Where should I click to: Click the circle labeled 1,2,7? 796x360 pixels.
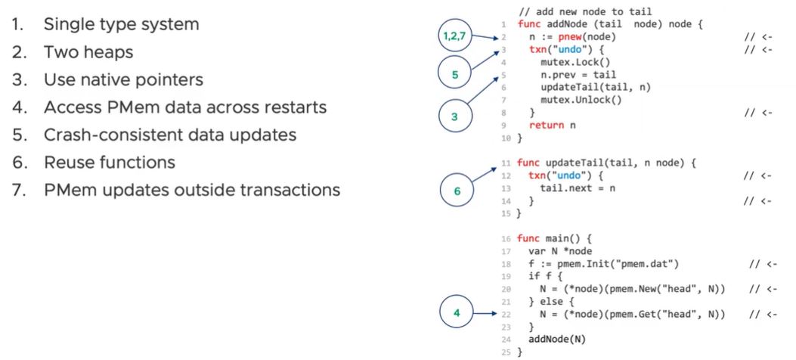click(453, 36)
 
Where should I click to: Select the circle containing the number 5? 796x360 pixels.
click(455, 75)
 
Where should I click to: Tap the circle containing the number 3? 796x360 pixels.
click(455, 117)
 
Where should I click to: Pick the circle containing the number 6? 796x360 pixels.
click(457, 192)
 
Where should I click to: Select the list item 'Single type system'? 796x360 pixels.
click(122, 24)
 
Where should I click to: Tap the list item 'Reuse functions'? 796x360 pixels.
click(110, 162)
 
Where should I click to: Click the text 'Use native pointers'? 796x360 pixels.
click(123, 79)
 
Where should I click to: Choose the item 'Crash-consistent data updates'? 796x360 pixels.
click(170, 135)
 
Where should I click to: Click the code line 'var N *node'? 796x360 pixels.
click(560, 250)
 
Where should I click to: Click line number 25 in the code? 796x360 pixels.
click(506, 352)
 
